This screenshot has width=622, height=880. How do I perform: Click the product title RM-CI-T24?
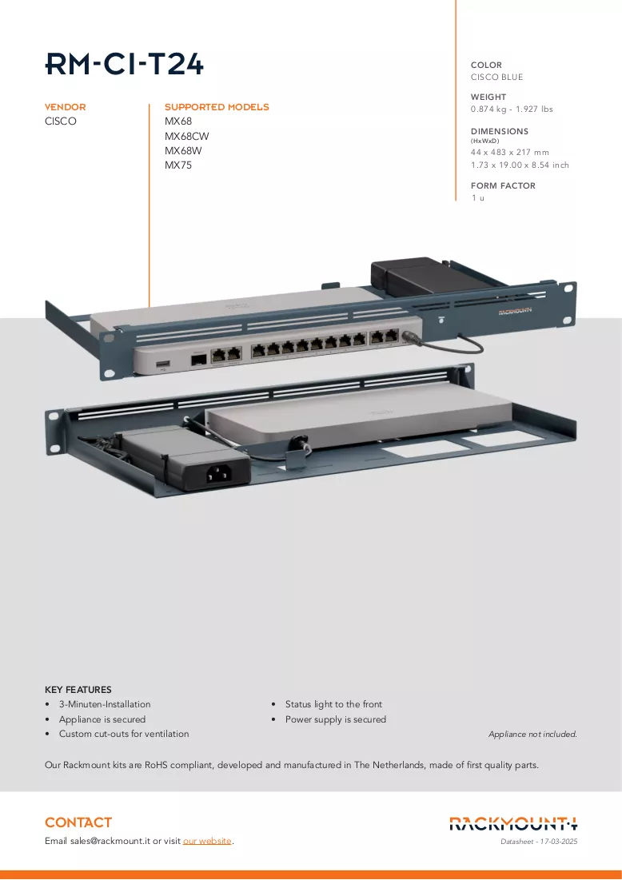click(x=124, y=64)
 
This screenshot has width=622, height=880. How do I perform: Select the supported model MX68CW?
click(x=186, y=136)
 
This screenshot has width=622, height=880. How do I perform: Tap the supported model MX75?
click(x=178, y=165)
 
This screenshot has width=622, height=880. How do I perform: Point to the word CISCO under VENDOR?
click(x=61, y=121)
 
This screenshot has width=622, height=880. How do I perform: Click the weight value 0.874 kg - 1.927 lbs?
click(x=512, y=109)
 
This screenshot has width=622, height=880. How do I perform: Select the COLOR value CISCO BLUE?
click(x=496, y=77)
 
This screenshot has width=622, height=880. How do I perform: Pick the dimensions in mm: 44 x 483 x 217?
click(x=510, y=152)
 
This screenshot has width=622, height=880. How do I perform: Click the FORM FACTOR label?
click(x=503, y=185)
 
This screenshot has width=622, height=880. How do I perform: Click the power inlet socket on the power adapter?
click(x=219, y=474)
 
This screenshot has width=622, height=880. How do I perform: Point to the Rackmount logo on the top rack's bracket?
click(x=515, y=311)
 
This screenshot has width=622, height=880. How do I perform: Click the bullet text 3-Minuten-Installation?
click(x=105, y=704)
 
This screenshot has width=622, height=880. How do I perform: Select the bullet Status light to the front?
click(x=333, y=704)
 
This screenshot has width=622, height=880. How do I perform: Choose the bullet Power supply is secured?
click(x=336, y=719)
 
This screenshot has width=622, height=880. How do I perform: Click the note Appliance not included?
click(x=532, y=734)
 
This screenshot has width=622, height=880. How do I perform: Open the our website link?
click(x=207, y=841)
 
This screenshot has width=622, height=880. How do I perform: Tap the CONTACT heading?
click(x=78, y=822)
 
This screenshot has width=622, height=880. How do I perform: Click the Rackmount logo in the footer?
click(x=513, y=823)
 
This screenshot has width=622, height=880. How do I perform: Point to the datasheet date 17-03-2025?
click(x=559, y=842)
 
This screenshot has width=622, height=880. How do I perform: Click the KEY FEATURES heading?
click(x=78, y=690)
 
